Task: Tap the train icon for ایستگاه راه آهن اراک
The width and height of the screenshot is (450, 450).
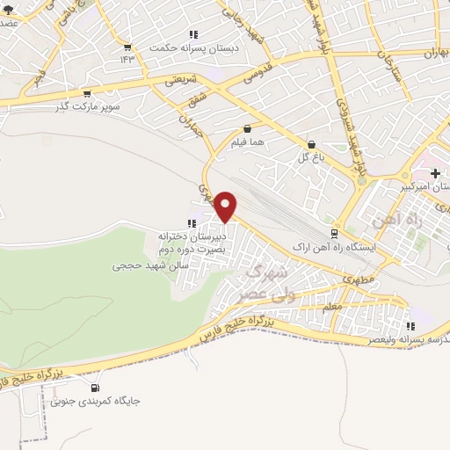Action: click(x=333, y=234)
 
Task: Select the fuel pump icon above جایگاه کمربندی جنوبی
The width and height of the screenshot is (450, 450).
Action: click(x=95, y=388)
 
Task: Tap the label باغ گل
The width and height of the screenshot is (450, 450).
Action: click(x=311, y=157)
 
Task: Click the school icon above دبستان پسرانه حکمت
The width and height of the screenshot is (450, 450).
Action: click(x=192, y=34)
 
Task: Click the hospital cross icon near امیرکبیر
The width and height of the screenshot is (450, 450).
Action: click(x=436, y=173)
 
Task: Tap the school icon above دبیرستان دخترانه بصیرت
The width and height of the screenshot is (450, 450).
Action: click(x=192, y=223)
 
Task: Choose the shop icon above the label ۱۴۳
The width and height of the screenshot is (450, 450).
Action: click(x=129, y=47)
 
